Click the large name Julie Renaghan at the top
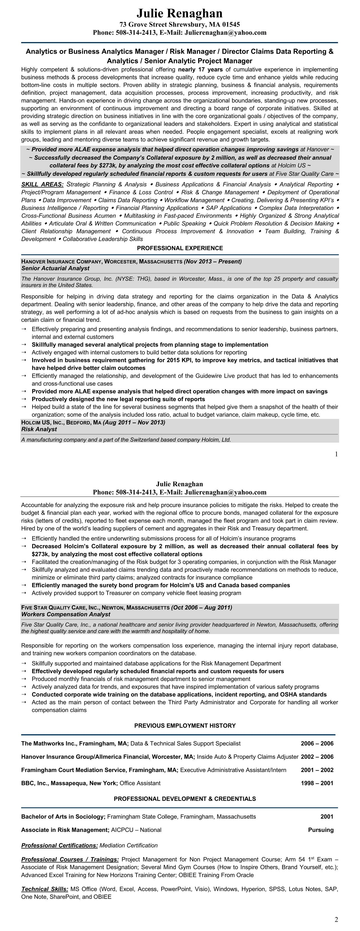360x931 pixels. coord(180,13)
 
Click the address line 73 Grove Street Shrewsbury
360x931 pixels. coord(180,25)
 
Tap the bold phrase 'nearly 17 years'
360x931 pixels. coord(200,69)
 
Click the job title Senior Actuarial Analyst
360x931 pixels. coord(55,268)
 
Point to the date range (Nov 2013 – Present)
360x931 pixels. coord(213,261)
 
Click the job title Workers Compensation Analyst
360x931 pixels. coord(66,614)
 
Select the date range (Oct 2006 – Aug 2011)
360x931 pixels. coord(202,607)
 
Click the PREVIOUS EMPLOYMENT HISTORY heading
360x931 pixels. coord(185,725)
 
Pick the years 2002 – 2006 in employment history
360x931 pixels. coord(317,757)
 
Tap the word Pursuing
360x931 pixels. coord(320,830)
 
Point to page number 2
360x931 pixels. coord(336,919)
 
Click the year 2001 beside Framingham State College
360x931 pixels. coord(327,816)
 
